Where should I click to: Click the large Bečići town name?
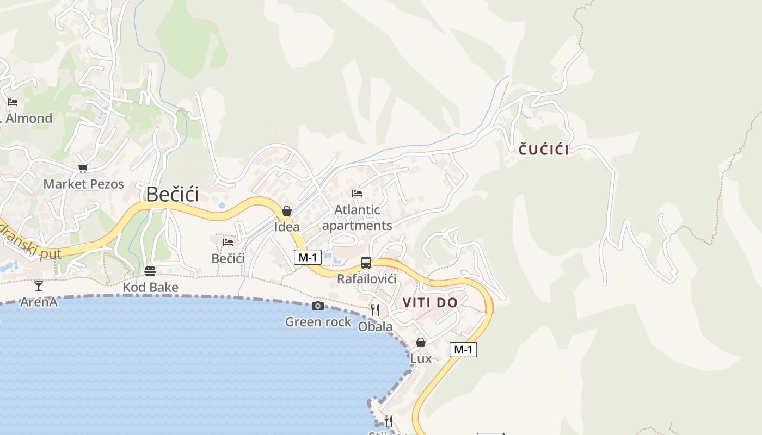click(x=173, y=194)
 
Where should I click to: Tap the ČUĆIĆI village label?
click(x=544, y=150)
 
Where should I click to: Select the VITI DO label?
click(x=430, y=303)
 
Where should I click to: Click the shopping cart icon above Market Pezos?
click(x=83, y=169)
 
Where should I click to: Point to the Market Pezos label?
click(x=84, y=184)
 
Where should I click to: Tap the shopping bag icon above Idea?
click(x=287, y=211)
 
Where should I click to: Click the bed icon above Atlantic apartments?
click(x=357, y=193)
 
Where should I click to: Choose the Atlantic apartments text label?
click(x=357, y=217)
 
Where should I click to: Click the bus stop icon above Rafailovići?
click(x=366, y=263)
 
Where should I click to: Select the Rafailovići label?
click(x=367, y=279)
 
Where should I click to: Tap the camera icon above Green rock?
click(x=318, y=306)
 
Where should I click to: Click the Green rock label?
click(x=318, y=322)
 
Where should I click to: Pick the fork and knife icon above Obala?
click(x=375, y=310)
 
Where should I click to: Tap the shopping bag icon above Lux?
click(x=421, y=343)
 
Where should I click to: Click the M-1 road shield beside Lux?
click(x=463, y=350)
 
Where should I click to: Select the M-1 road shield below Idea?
click(x=308, y=257)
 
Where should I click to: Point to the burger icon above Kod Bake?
click(x=150, y=271)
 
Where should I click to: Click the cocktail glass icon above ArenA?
click(x=39, y=285)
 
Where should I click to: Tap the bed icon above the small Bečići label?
click(x=228, y=242)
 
